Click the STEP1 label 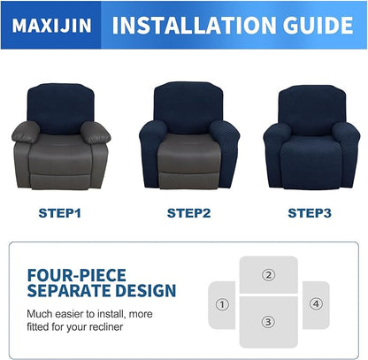[59, 212]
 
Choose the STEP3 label [309, 212]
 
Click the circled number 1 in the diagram [222, 305]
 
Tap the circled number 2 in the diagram [268, 275]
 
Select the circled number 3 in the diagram [268, 322]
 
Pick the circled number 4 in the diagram [316, 304]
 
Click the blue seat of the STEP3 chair [308, 146]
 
